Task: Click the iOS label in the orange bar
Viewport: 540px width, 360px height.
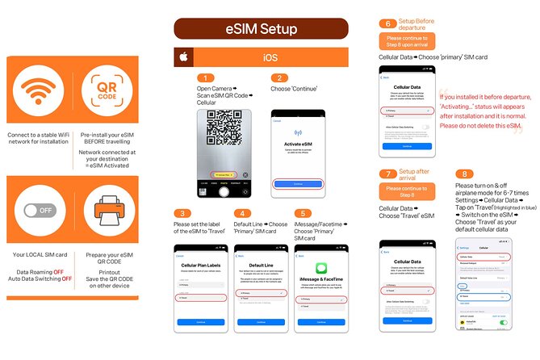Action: point(270,58)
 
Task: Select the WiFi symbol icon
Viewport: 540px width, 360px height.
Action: point(39,94)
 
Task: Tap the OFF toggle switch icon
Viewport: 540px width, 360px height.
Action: point(39,211)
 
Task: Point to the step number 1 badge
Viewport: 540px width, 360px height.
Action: point(207,77)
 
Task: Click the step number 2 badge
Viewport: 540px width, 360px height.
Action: point(279,77)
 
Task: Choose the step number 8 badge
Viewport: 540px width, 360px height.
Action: point(464,173)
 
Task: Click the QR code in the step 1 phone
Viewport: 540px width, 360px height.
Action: point(224,128)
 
